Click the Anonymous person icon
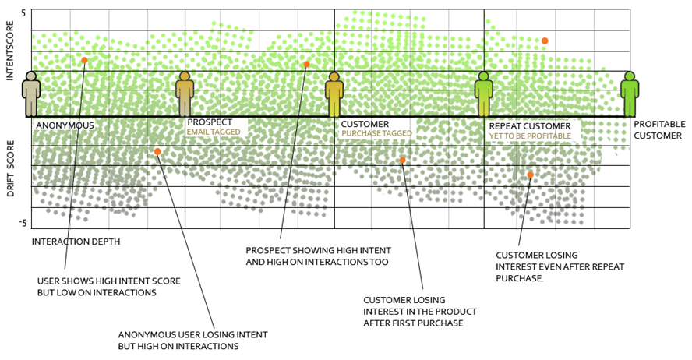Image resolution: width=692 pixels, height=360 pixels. click(30, 94)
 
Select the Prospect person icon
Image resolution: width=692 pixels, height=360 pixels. click(185, 94)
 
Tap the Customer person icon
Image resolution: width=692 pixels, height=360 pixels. click(334, 95)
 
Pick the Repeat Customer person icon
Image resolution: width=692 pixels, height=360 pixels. click(483, 94)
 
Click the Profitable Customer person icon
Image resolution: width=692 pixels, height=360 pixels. click(630, 94)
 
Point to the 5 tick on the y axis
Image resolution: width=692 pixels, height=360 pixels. click(23, 13)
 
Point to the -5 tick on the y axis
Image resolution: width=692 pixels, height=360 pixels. click(23, 224)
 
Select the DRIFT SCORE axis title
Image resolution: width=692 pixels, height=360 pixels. click(10, 168)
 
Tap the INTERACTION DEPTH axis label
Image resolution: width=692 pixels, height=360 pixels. click(76, 242)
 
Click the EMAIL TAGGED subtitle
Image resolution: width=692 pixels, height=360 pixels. click(214, 132)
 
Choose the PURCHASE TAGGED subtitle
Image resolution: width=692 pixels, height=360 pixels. click(376, 134)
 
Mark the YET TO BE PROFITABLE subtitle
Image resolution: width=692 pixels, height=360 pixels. click(530, 136)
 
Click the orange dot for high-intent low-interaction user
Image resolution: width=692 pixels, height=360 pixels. click(84, 60)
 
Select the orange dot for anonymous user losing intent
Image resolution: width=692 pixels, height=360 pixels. click(157, 152)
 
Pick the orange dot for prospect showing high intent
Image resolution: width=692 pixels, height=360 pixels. click(306, 65)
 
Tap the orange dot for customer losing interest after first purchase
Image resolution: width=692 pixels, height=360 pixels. click(403, 161)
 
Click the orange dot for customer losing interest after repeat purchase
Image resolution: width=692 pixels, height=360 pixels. click(530, 175)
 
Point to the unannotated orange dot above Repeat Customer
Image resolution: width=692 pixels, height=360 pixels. click(545, 41)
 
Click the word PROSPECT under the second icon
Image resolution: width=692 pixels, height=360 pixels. click(210, 122)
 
